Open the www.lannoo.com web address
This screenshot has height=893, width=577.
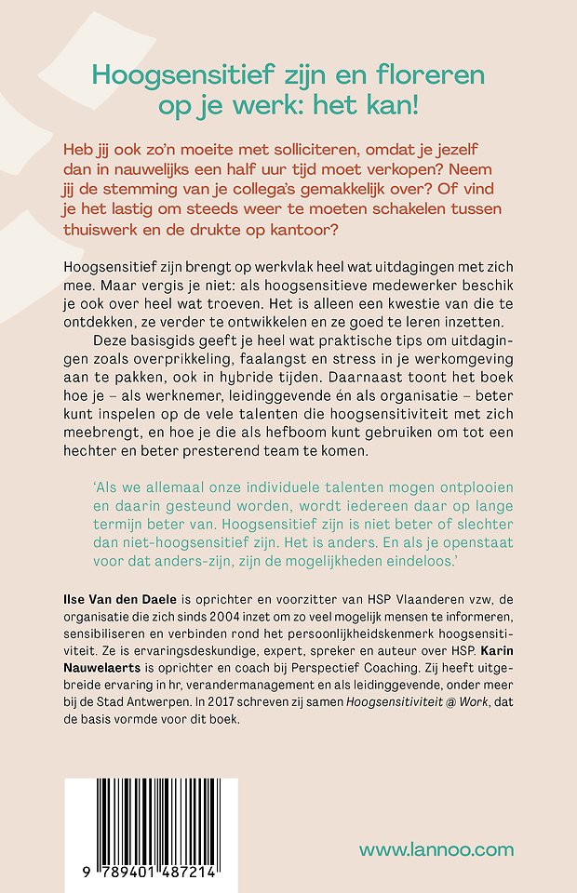point(436,848)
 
